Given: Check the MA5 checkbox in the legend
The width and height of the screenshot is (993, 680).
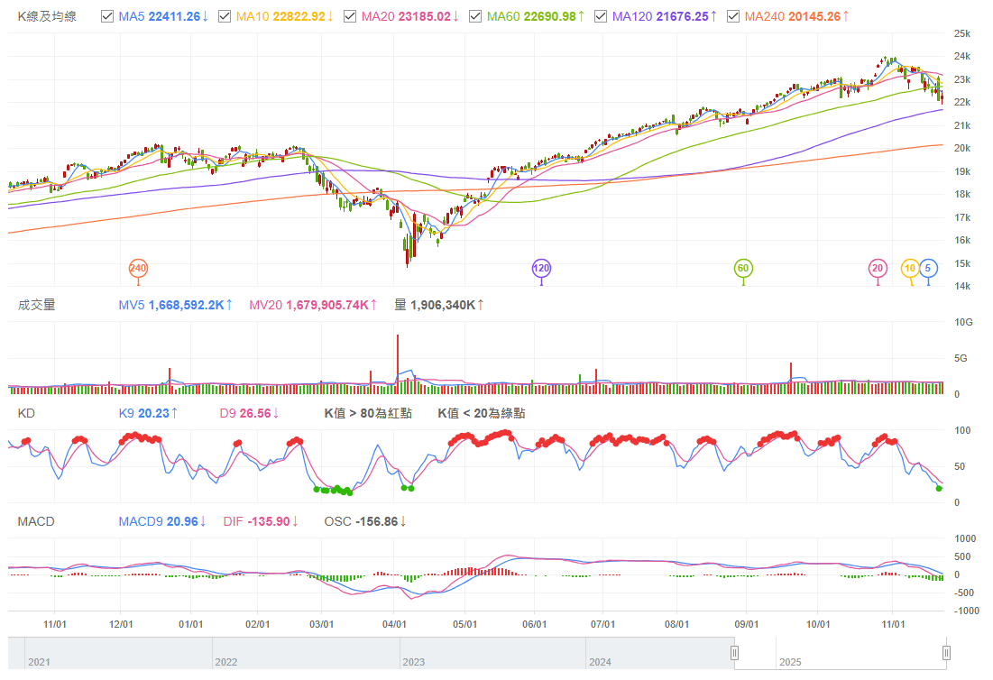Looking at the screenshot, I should coord(107,17).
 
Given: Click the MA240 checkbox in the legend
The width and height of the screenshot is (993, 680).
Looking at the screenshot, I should coord(732,17).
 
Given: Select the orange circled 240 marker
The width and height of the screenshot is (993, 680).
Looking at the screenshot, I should coord(138,268).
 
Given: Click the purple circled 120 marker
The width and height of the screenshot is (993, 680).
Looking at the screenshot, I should coord(541,268).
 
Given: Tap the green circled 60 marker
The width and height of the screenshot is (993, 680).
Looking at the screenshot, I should coord(743,268).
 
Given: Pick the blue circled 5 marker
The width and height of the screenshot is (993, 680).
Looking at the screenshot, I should coord(929,268).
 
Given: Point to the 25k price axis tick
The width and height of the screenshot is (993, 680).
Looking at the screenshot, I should coord(961,33).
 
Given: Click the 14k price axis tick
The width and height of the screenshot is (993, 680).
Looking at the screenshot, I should coord(961,286).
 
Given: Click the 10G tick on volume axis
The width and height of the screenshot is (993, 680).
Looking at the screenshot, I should coord(962,322).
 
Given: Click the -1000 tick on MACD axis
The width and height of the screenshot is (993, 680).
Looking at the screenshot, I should coord(965,611).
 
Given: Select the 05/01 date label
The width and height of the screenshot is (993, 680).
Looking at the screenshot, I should coord(464,623).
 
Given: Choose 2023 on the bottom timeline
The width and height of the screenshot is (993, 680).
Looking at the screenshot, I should coord(414,662).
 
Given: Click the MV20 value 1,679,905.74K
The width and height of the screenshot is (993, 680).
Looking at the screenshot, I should coord(326,305).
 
